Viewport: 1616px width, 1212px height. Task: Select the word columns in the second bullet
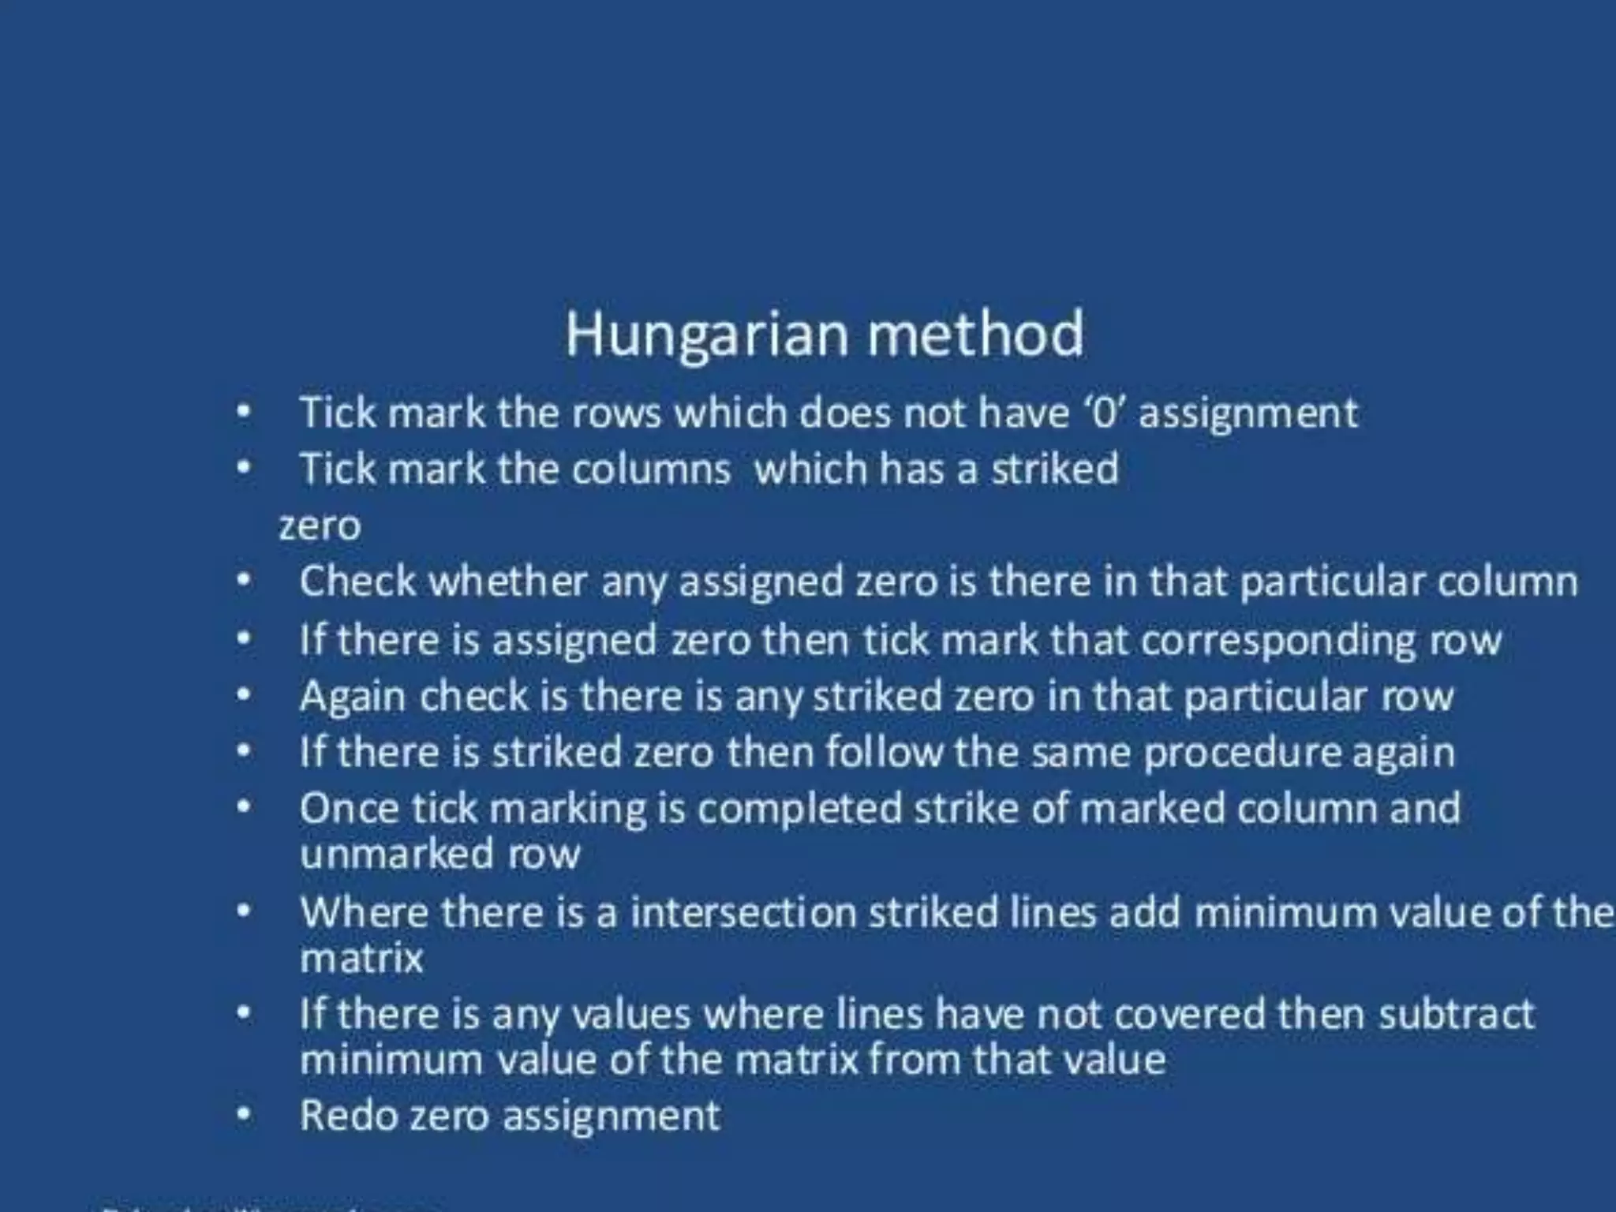click(x=651, y=469)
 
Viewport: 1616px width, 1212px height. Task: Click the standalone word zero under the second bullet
click(x=320, y=526)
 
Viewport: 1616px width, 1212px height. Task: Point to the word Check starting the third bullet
click(x=357, y=582)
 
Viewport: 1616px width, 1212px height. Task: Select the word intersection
click(x=743, y=913)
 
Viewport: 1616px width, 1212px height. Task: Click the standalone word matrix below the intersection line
click(x=361, y=959)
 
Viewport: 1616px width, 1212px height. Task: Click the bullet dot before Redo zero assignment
click(x=245, y=1116)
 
